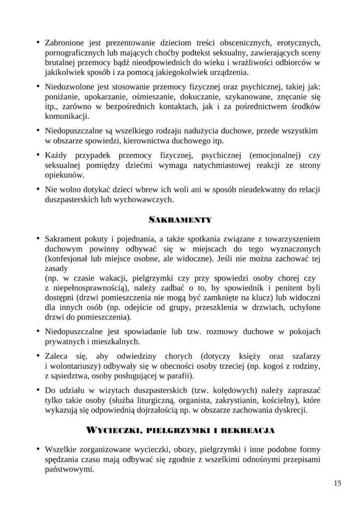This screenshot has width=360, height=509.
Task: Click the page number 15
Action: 338,483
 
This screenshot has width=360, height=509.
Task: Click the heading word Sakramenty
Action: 180,219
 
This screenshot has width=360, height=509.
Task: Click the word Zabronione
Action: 66,42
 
